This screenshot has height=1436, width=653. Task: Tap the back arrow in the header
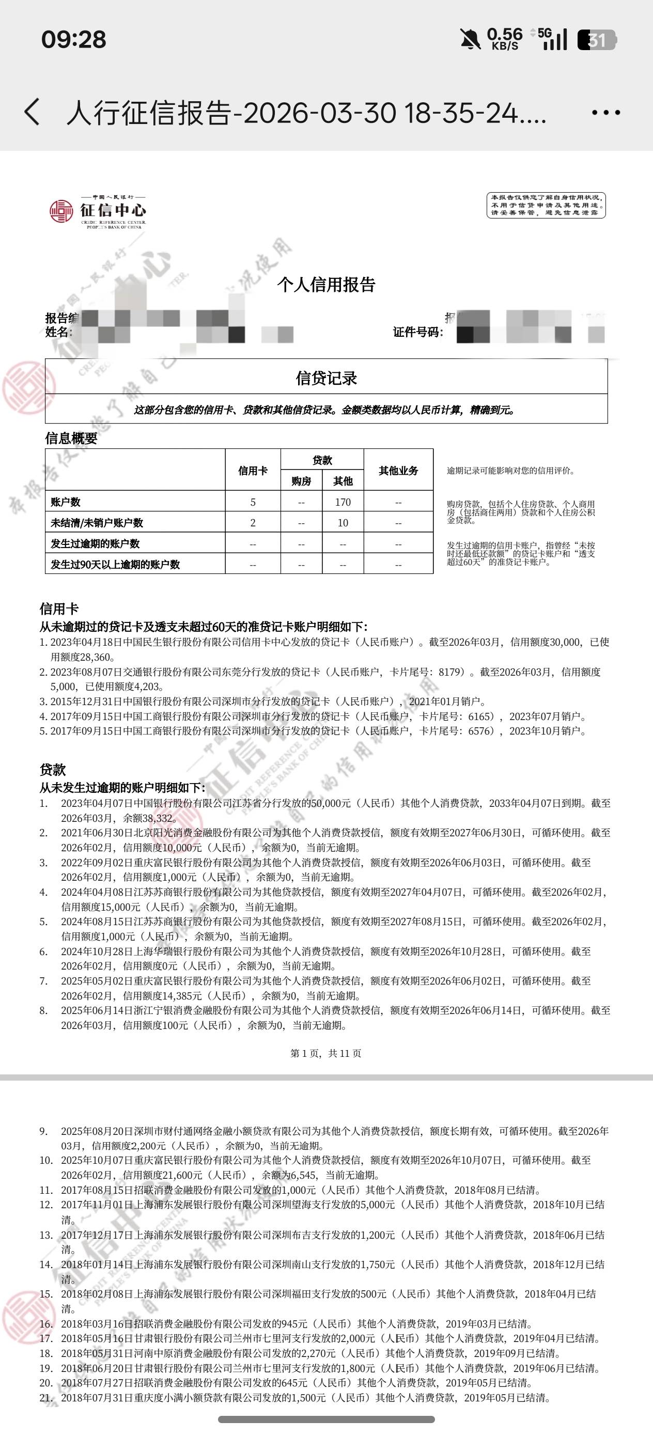click(x=33, y=112)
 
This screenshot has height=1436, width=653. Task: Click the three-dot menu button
click(x=605, y=113)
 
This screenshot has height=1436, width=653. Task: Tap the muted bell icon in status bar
click(x=470, y=40)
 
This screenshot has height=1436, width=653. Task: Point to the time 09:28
click(x=73, y=40)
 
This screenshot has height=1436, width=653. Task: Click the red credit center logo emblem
click(x=61, y=211)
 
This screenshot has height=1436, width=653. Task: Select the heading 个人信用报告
click(x=326, y=285)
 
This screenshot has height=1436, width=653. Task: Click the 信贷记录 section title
click(x=326, y=379)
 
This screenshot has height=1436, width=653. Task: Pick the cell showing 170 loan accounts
click(x=343, y=502)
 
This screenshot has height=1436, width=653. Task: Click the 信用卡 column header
click(x=253, y=471)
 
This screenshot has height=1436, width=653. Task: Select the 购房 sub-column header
click(x=301, y=481)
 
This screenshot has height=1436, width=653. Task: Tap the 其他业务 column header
click(x=398, y=471)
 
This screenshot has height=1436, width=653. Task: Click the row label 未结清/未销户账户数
click(x=97, y=523)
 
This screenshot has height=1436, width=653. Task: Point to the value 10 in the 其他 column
click(x=343, y=523)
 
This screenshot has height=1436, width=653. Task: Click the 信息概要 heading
click(x=71, y=439)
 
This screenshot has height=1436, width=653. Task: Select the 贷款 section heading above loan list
click(x=53, y=770)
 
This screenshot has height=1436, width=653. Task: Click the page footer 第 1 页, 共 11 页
click(x=325, y=1053)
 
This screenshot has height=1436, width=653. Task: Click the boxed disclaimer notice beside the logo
click(x=546, y=205)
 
